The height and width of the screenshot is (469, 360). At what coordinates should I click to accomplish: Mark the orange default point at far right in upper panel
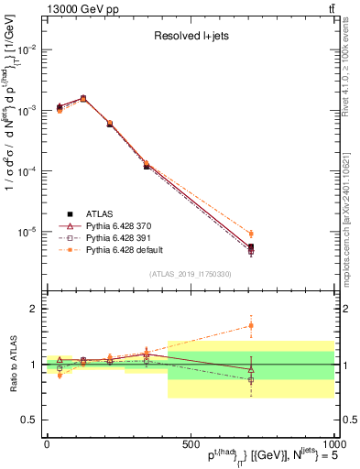point(251,234)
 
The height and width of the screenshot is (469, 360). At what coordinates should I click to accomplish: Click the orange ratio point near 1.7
point(251,325)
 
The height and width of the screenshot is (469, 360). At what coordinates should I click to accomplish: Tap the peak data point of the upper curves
point(83,98)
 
